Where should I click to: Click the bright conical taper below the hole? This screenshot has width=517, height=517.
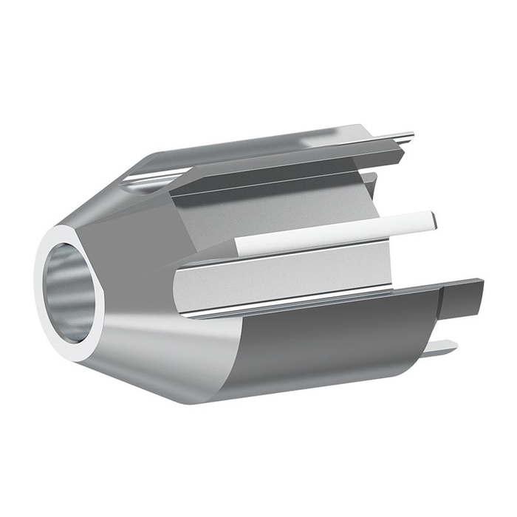(x=148, y=355)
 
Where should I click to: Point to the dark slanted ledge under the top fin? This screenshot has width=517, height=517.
(x=288, y=177)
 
